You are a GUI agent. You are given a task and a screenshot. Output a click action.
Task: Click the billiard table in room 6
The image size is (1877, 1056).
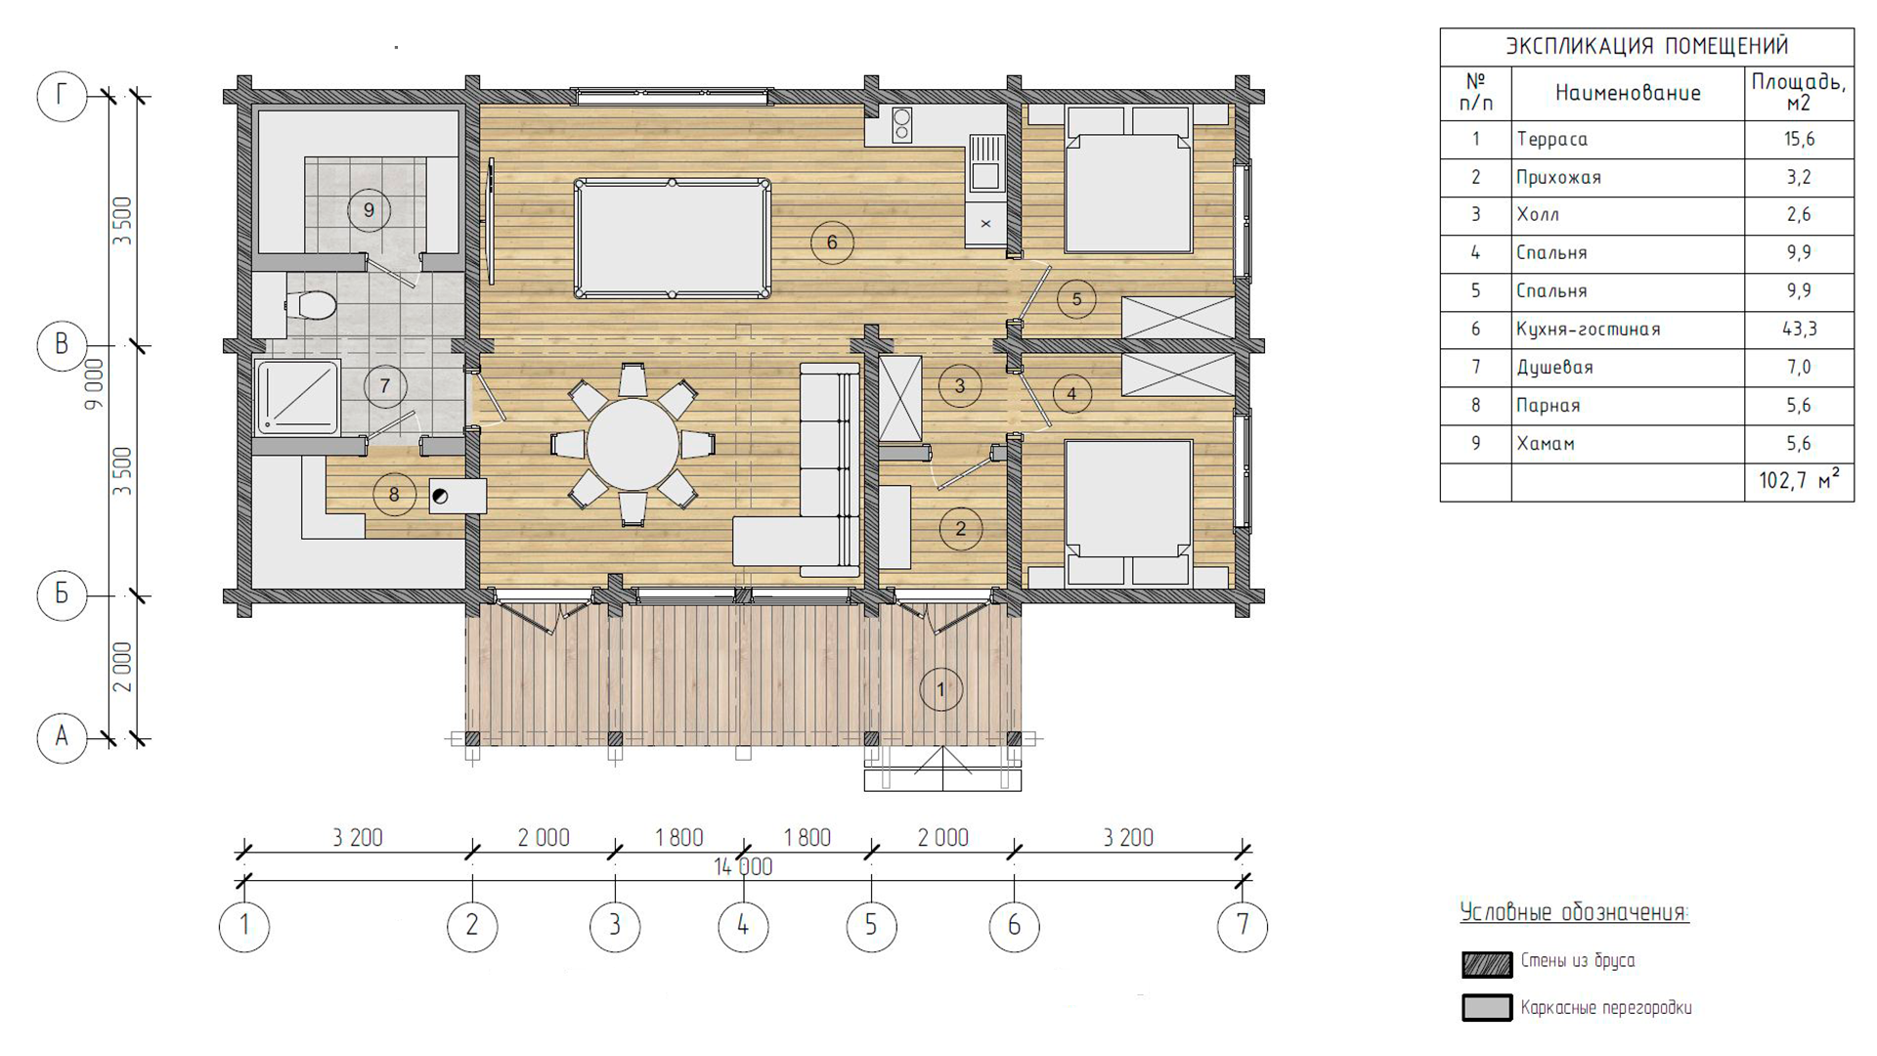click(672, 238)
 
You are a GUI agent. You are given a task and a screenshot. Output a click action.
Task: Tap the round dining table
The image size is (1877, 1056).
click(633, 444)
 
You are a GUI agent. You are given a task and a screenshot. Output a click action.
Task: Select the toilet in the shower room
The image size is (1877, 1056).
click(313, 304)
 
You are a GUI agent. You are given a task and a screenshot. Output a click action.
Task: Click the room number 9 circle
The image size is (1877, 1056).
click(369, 209)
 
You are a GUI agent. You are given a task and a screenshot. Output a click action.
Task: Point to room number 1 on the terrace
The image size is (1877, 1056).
click(940, 689)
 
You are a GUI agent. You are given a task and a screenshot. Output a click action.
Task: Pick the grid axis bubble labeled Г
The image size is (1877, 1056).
click(62, 96)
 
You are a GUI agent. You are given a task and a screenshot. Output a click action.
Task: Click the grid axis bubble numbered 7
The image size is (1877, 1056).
click(1243, 926)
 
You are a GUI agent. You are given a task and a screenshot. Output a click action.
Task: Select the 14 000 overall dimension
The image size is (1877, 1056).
click(743, 867)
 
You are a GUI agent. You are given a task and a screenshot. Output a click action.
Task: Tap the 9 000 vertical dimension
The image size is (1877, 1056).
click(94, 382)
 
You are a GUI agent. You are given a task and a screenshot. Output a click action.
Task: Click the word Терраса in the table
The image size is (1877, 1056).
click(1551, 139)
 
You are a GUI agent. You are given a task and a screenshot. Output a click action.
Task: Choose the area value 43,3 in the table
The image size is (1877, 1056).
click(1799, 329)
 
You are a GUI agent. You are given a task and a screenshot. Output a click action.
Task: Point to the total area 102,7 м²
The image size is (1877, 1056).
click(1799, 480)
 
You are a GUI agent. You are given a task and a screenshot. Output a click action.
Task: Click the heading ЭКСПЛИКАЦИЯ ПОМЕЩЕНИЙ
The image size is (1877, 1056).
click(1646, 46)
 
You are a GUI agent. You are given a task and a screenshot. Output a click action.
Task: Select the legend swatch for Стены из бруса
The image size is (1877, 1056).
click(1487, 963)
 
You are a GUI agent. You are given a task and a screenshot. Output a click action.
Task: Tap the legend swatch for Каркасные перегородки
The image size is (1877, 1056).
click(1487, 1008)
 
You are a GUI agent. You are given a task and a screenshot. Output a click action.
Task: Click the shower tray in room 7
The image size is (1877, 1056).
click(297, 397)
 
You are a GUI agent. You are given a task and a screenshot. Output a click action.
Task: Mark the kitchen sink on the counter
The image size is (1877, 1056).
click(985, 163)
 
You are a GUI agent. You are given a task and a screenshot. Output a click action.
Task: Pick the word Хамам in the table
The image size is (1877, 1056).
click(1546, 443)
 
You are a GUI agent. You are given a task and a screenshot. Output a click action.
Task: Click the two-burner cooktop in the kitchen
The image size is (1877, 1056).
click(901, 124)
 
